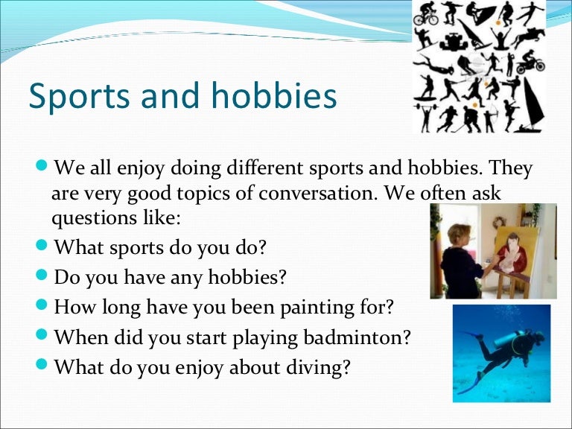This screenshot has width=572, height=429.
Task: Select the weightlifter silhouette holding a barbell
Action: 425,115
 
